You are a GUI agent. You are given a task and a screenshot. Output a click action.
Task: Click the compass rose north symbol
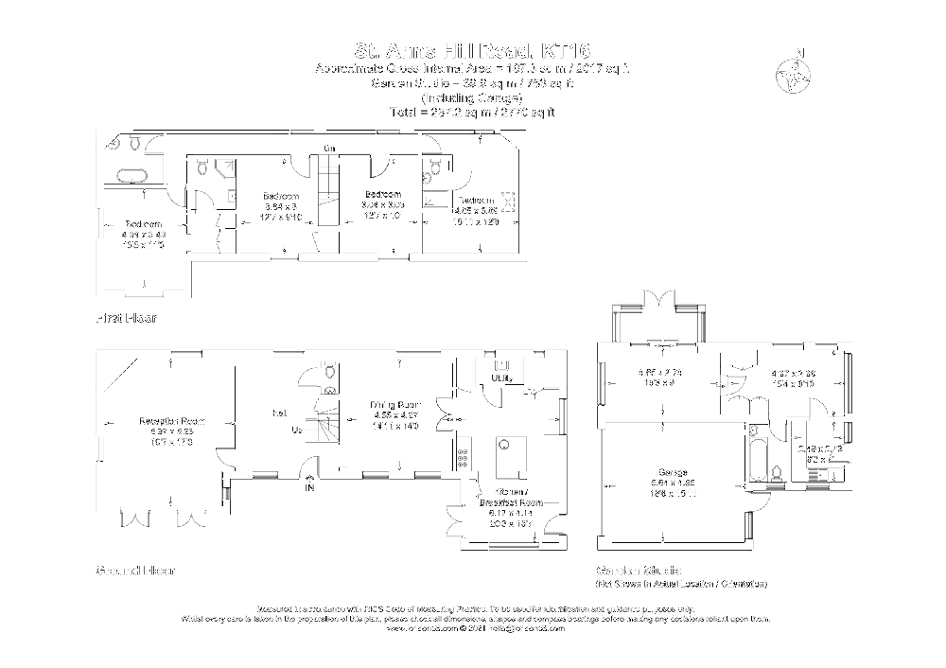(x=795, y=74)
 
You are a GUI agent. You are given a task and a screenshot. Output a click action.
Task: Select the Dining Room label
(x=394, y=405)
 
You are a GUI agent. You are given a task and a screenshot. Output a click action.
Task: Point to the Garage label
(x=674, y=472)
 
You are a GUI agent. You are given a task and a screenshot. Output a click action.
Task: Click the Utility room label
(x=501, y=378)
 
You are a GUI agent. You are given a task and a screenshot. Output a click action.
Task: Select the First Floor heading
(x=126, y=318)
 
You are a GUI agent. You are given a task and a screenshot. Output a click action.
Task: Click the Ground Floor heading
(x=135, y=571)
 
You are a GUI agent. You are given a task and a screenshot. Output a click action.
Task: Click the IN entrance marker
(x=309, y=488)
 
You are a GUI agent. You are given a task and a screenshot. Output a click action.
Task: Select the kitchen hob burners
(x=464, y=460)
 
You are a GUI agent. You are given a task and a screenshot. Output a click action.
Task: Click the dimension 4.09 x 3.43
(x=144, y=234)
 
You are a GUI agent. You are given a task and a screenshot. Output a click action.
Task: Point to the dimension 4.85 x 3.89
(x=476, y=211)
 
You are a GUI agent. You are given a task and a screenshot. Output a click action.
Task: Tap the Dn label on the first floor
(x=328, y=148)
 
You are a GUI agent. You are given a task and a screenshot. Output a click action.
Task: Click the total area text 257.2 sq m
(x=472, y=112)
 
